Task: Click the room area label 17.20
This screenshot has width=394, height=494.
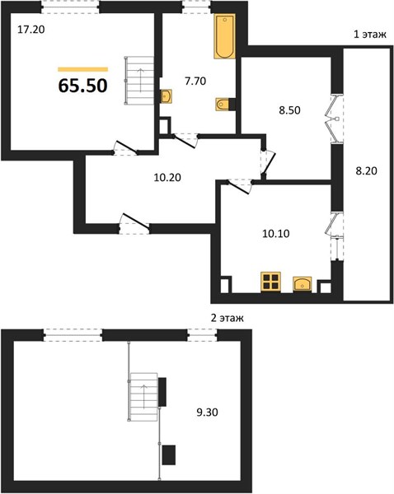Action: point(31,30)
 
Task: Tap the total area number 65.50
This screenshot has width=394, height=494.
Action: point(83,86)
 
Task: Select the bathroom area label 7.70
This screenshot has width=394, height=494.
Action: point(195,82)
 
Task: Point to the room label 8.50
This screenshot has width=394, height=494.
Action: point(289,110)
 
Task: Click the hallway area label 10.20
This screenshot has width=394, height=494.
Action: point(167,178)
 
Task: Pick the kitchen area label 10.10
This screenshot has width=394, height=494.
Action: point(275,234)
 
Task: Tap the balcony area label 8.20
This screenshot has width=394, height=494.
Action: point(366,171)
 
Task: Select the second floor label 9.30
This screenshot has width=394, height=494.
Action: point(207,412)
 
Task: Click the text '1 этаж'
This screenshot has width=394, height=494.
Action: point(370,34)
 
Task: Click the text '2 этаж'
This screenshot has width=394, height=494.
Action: point(227,318)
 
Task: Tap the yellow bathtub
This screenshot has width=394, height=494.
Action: point(224,36)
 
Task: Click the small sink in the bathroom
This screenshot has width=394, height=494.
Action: point(167,96)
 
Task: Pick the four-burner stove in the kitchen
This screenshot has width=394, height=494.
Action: point(270,282)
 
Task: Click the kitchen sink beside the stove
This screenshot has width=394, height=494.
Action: point(303,284)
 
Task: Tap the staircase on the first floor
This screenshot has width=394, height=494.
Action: point(139,81)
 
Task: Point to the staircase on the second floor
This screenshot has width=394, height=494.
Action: point(143,397)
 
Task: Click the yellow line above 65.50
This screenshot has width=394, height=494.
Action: point(83,69)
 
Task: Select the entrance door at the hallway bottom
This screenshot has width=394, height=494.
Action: point(134,223)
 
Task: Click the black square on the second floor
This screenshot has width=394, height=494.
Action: point(169,455)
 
